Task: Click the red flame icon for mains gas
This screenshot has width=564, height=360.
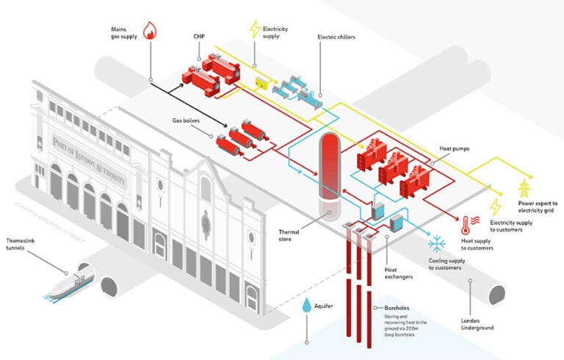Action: click(151, 30)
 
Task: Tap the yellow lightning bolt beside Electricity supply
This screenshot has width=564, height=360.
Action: click(255, 29)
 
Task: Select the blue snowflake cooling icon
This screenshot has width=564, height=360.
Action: click(438, 242)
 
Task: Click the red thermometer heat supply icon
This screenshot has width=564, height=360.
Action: click(468, 223)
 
